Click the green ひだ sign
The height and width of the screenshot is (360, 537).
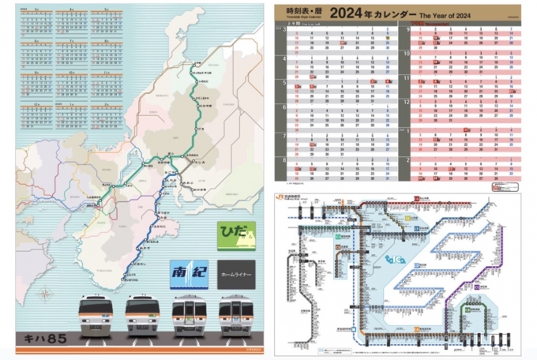[236, 234]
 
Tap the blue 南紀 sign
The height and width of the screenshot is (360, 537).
[190, 272]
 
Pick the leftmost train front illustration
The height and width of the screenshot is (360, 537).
[96, 317]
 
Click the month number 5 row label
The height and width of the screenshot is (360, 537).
[283, 82]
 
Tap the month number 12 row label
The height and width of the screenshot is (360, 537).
[407, 102]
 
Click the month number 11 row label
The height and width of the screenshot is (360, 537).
[407, 79]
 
